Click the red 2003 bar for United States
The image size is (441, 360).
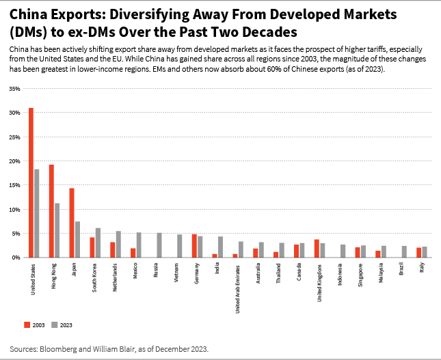pos(31,183)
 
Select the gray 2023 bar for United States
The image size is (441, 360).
pos(36,213)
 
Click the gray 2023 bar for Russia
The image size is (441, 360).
pos(159,245)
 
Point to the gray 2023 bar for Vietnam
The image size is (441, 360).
pos(180,246)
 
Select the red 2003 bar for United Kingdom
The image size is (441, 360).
pos(317,249)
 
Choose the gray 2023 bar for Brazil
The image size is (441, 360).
pos(404,251)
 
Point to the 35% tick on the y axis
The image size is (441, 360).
pos(14,89)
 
